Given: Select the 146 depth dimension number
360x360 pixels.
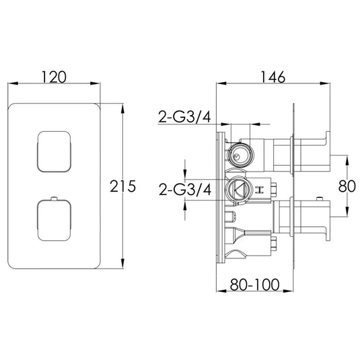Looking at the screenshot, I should [x=273, y=77].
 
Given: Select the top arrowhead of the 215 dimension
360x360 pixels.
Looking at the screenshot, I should [x=122, y=108].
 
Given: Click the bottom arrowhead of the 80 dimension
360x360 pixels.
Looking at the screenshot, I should [x=347, y=217].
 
